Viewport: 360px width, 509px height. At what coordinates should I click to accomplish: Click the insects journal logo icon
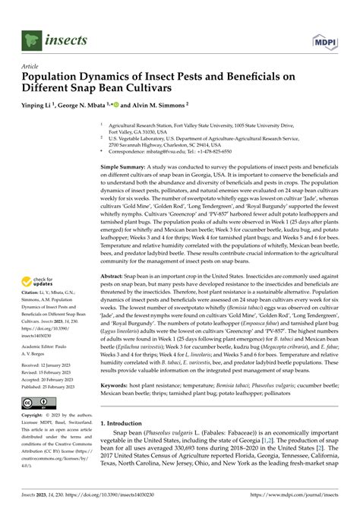(x=31, y=36)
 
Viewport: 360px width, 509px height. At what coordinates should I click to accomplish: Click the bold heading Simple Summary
(x=127, y=165)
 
